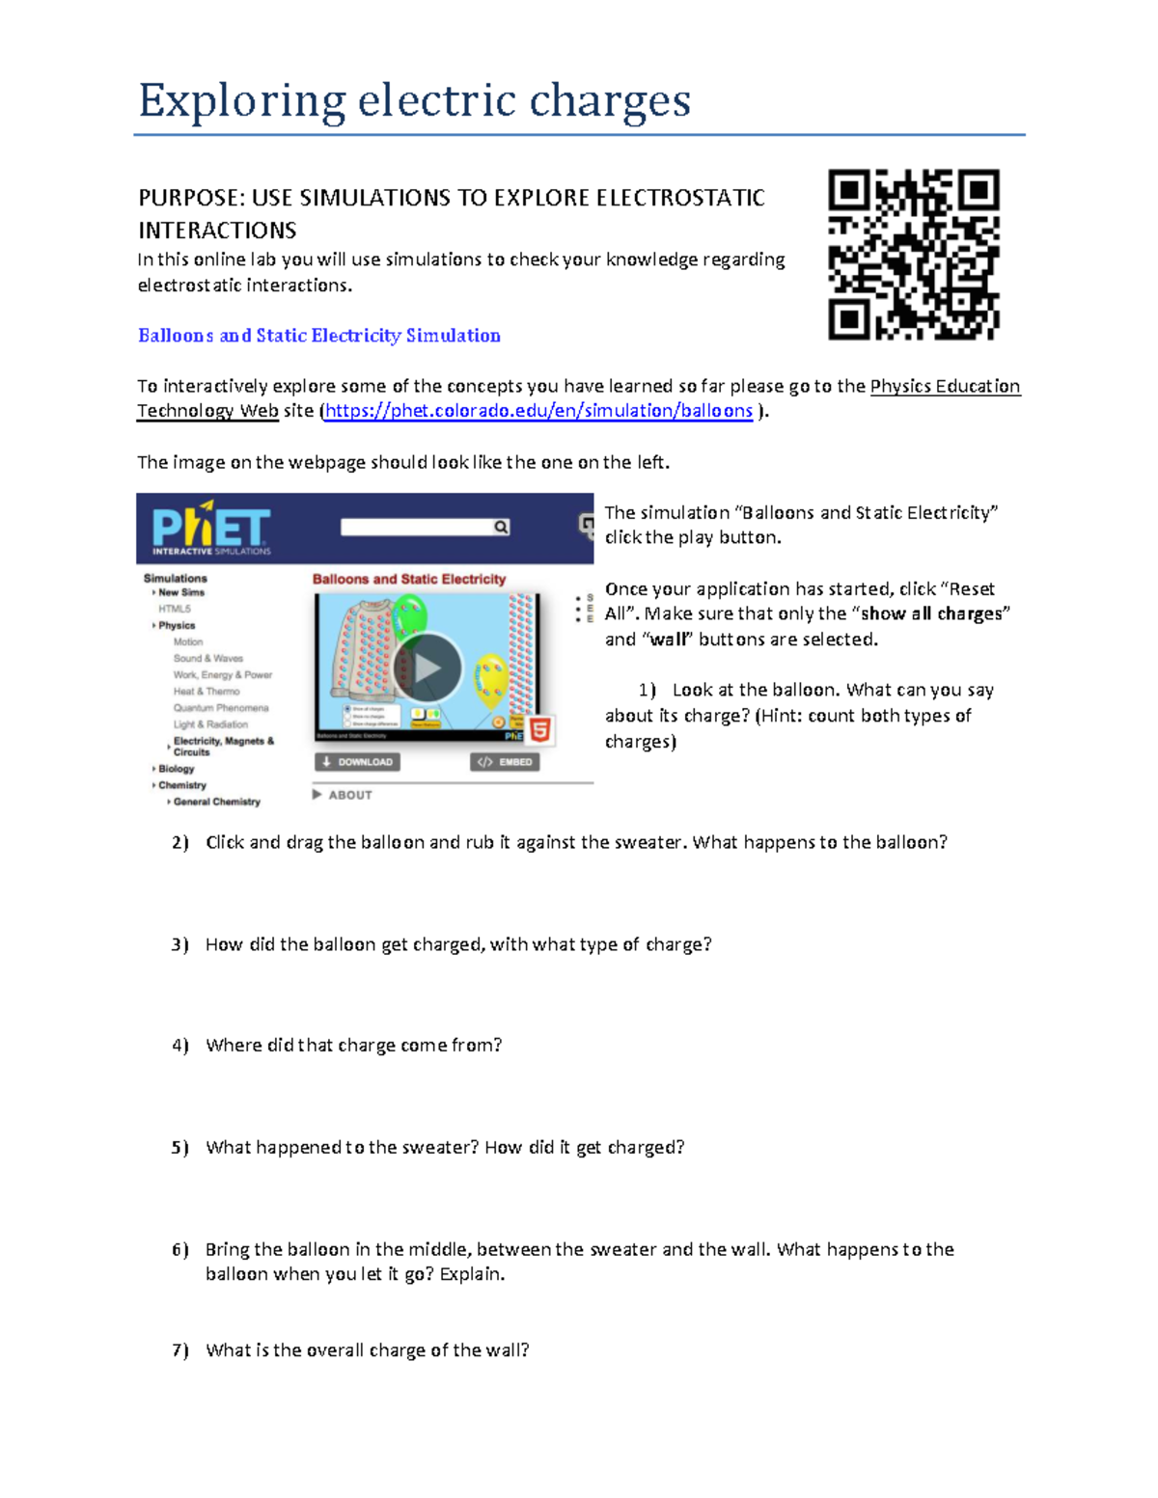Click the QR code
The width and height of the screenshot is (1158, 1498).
[913, 255]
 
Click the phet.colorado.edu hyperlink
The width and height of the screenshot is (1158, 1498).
[538, 411]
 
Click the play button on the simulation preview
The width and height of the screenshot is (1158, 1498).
[427, 667]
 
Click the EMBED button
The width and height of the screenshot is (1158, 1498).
[505, 762]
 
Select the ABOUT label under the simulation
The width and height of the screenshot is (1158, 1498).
[349, 795]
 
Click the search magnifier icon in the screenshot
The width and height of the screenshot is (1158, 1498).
[501, 527]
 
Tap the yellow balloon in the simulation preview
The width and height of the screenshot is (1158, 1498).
[492, 675]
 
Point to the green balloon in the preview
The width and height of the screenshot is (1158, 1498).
[410, 613]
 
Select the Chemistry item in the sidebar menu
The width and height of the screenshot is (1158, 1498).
[182, 785]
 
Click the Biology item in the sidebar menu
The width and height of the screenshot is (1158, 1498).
[177, 769]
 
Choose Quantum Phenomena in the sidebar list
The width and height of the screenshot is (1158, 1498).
[221, 708]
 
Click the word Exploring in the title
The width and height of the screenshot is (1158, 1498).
[241, 100]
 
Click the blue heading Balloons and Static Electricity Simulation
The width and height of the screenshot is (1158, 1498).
[318, 336]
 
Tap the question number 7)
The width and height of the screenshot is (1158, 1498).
[179, 1350]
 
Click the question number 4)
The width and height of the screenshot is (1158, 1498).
[179, 1046]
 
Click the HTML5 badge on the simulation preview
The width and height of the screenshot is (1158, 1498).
[540, 730]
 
